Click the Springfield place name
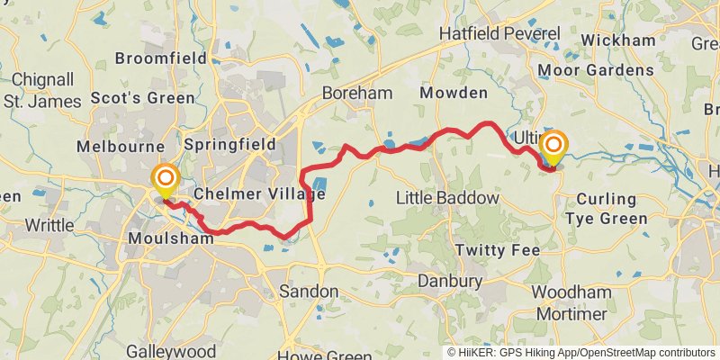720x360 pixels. coord(229,143)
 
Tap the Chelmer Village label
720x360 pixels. coord(259,193)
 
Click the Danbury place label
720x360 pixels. coord(450,282)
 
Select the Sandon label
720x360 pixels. coord(309,292)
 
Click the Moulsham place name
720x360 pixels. coord(166,238)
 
